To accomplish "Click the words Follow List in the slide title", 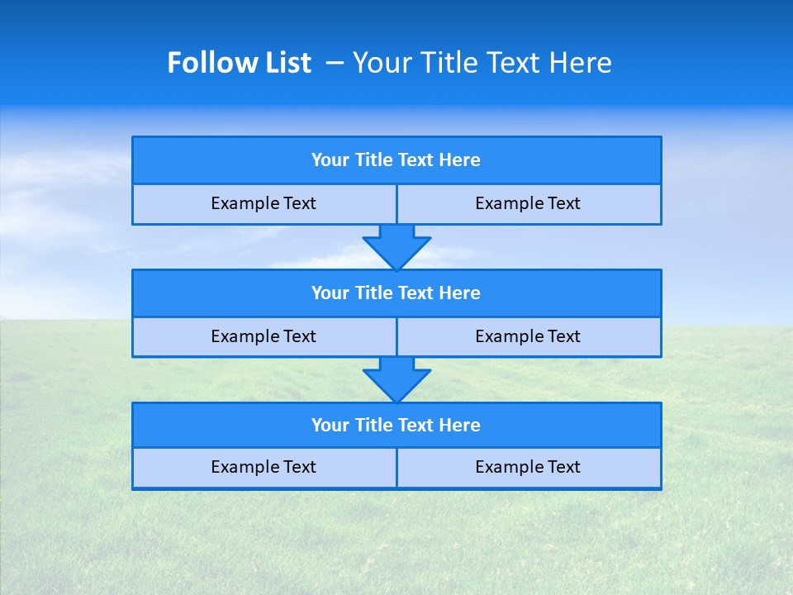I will click(x=239, y=63).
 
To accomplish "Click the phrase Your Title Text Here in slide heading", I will click(x=482, y=63).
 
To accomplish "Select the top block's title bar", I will click(x=396, y=160).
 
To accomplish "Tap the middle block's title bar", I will click(x=396, y=293).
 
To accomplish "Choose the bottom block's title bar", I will click(x=396, y=426).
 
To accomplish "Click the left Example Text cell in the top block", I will click(x=264, y=204).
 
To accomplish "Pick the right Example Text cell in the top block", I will click(x=528, y=204).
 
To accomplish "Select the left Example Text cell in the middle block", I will click(x=264, y=337).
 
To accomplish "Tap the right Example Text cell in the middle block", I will click(x=528, y=337).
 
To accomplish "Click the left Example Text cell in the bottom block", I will click(x=264, y=468).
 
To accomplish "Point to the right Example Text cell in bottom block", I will click(x=528, y=468).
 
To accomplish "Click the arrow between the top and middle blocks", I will click(x=396, y=247).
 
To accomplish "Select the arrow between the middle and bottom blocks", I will click(x=396, y=380).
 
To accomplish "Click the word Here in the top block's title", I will click(x=460, y=160).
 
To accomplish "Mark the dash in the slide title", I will click(x=335, y=63).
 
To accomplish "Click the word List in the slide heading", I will click(x=287, y=63).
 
